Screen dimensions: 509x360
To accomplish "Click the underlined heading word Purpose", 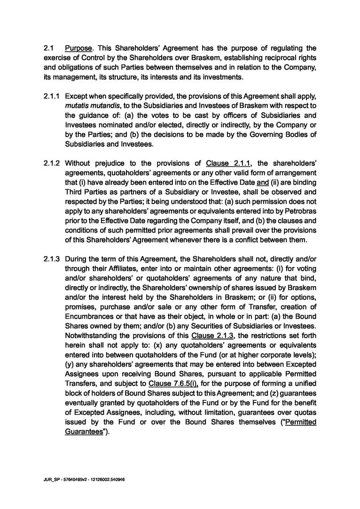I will click(78, 48).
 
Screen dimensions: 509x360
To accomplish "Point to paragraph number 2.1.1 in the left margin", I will click(51, 95).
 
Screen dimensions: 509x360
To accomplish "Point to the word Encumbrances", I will click(88, 317).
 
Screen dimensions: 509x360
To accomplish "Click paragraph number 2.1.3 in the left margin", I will click(51, 259).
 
